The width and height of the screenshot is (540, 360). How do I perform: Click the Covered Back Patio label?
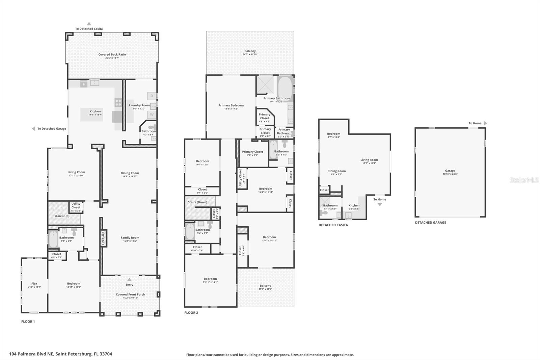coord(112,54)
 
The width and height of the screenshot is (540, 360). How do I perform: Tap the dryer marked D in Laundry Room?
coord(152,96)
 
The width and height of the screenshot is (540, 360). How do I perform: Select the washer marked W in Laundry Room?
coord(152,114)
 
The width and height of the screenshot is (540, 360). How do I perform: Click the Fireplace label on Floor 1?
coord(103,238)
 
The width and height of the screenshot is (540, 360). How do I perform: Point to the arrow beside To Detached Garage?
coord(33,129)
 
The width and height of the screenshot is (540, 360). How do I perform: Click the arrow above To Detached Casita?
coord(89,24)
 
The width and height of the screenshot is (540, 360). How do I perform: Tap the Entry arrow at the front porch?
coord(129,280)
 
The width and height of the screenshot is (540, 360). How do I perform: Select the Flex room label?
coord(34,284)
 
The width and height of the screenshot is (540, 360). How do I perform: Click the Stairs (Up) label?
coord(62,216)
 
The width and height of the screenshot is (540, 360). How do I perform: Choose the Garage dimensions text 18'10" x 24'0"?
coord(450,174)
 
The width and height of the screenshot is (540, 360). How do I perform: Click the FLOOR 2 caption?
coord(191,313)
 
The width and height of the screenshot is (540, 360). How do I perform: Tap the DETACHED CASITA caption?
coord(333,225)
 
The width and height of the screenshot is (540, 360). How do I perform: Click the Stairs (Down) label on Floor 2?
coord(197,202)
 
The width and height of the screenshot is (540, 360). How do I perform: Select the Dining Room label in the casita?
coord(336,171)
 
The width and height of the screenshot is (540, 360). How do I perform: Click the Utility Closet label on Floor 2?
coord(241,178)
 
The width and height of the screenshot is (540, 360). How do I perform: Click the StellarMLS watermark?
coord(524,180)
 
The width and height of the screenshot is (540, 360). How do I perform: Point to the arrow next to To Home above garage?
coord(485,123)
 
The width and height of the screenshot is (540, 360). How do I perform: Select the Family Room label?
coord(130,238)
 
